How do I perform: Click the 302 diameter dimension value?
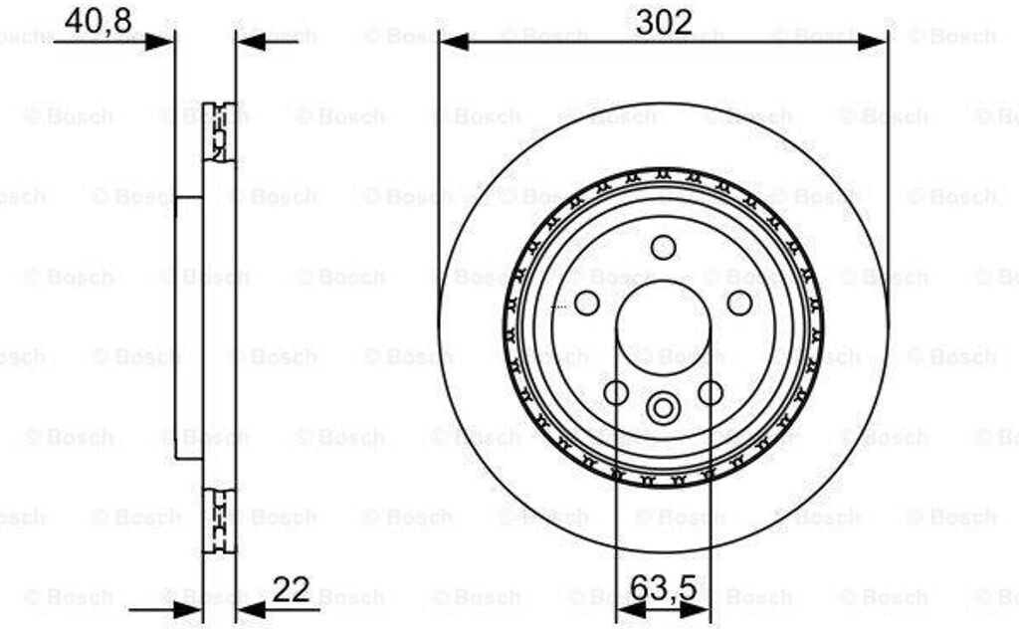point(664,23)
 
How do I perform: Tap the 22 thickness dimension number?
point(292,590)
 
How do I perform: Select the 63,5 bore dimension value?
point(664,589)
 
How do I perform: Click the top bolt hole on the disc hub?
point(664,248)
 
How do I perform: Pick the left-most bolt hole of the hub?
point(587,303)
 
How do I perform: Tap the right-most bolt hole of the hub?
point(739,303)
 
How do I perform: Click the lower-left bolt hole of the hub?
point(616,392)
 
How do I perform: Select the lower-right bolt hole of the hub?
point(711,392)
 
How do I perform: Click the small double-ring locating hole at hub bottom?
point(663,408)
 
